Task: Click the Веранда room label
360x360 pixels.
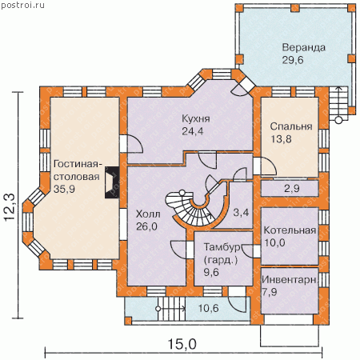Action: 304,48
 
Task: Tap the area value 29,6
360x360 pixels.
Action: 293,60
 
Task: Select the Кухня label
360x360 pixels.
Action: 196,118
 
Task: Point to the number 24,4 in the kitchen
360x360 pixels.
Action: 193,131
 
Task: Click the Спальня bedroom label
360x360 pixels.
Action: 291,126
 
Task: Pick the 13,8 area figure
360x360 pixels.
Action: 281,139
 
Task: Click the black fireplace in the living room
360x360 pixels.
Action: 112,182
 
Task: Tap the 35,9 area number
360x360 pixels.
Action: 64,189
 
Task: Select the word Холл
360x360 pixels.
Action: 148,214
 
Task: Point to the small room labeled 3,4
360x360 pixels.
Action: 241,205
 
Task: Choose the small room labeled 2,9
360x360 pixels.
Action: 290,188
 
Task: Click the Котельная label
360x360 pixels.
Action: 290,230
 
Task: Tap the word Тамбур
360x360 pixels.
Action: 222,247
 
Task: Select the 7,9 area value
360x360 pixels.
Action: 270,292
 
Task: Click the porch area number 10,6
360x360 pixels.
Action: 208,308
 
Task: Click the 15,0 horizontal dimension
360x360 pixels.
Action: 182,344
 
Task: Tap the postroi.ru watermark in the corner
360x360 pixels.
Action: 22,6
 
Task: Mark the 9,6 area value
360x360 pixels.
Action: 211,272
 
